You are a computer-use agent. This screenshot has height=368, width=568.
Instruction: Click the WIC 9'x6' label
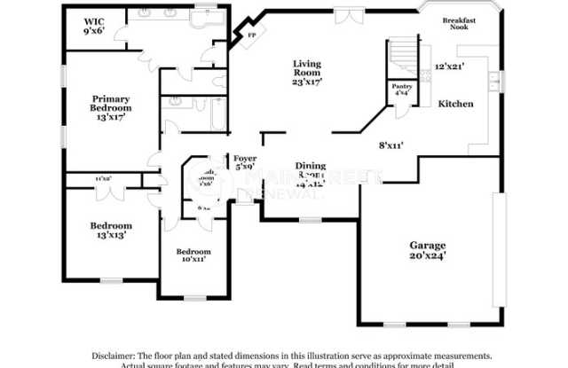94,26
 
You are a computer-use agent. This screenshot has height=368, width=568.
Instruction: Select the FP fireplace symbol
252,35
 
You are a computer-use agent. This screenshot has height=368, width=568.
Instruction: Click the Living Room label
308,72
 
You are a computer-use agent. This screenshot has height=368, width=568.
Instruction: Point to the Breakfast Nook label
461,22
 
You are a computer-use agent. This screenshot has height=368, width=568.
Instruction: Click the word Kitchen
455,104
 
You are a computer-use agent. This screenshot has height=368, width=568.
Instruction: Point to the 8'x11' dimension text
391,145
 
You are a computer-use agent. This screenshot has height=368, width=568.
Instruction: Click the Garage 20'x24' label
428,249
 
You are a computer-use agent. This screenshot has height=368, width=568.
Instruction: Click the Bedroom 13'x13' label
111,231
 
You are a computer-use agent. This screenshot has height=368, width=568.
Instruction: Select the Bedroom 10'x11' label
193,255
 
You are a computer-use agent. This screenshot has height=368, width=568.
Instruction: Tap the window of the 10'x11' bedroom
193,298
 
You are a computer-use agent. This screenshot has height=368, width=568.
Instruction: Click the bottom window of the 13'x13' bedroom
111,281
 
